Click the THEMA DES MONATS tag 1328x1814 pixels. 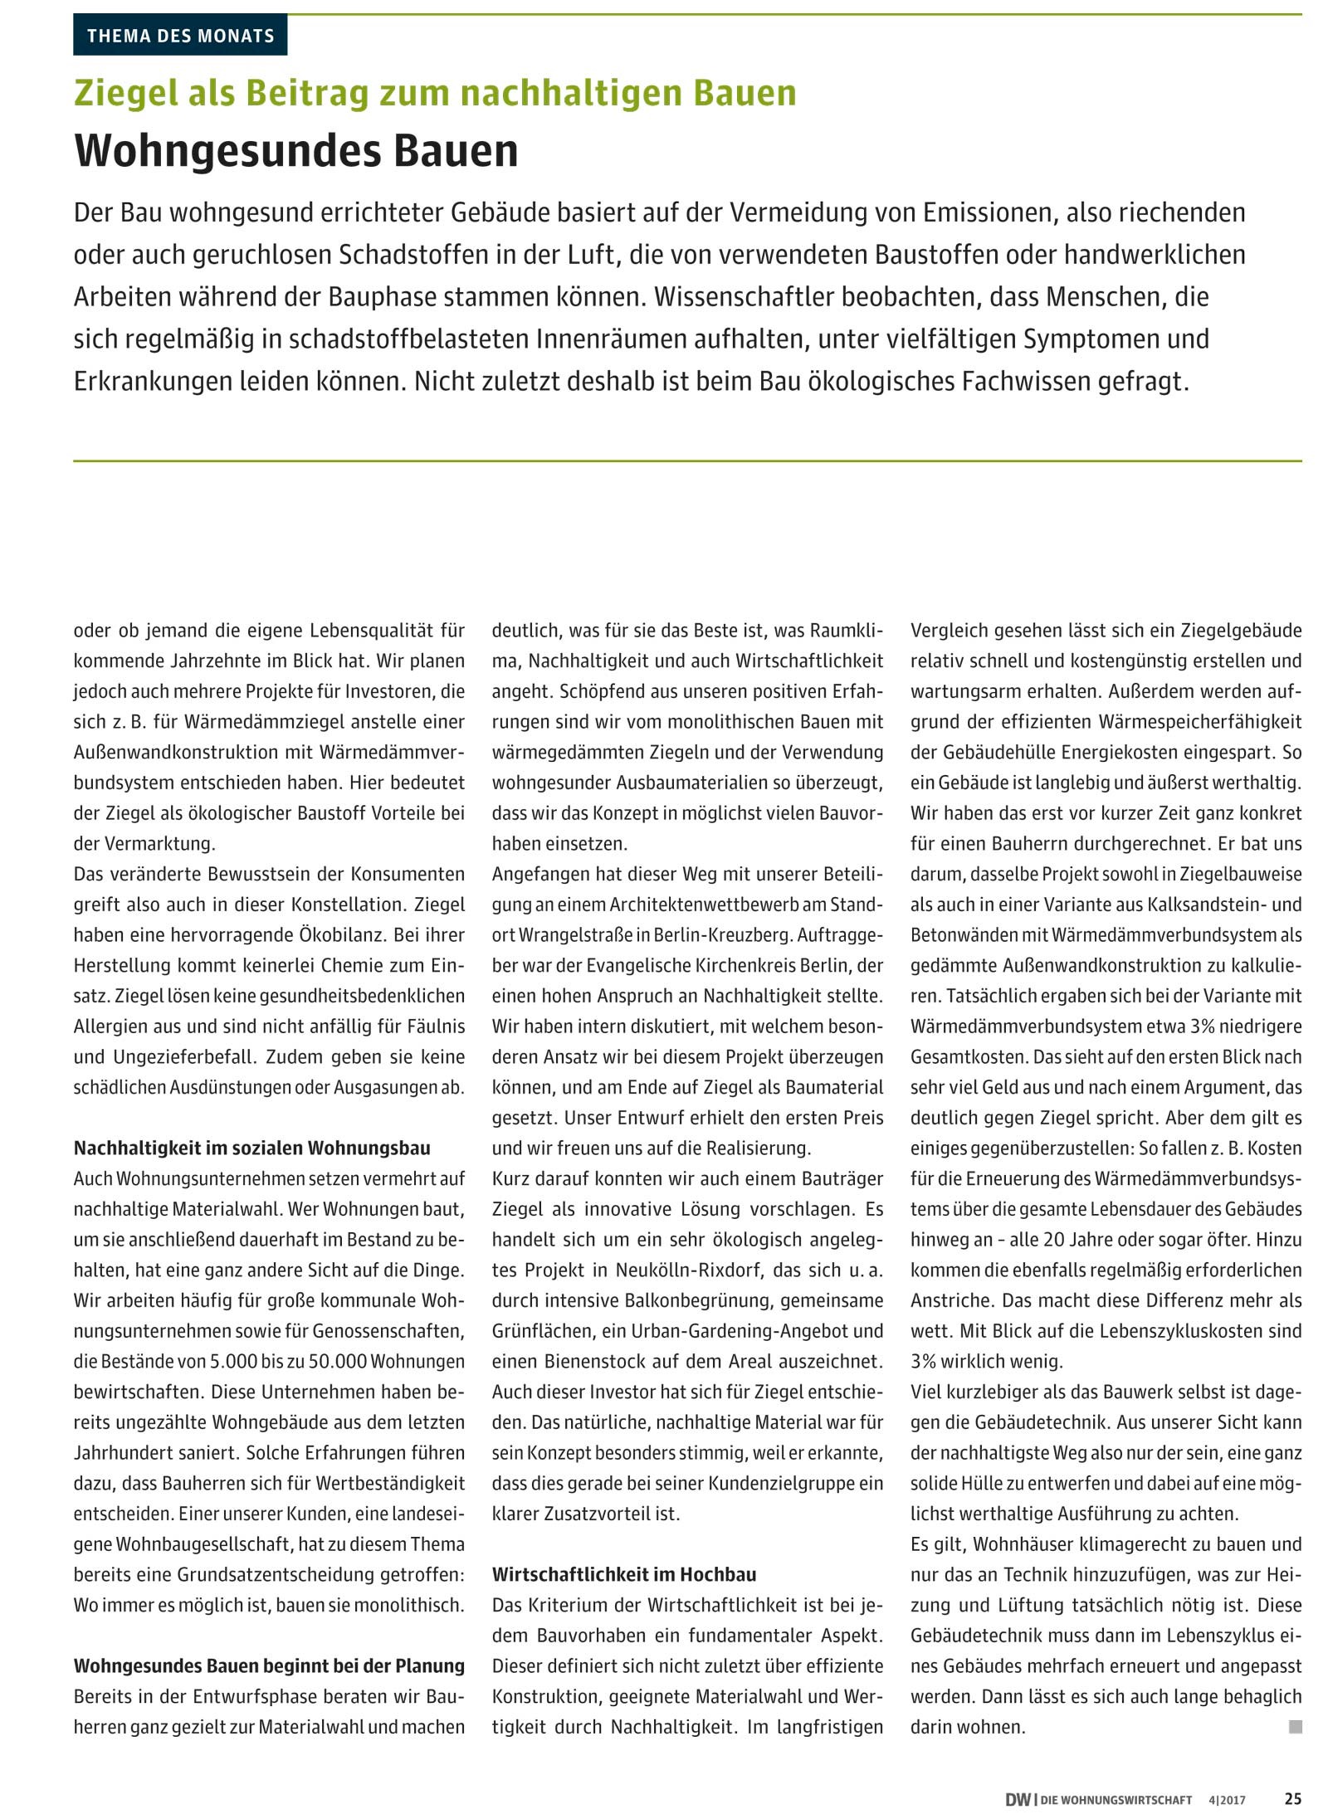[180, 36]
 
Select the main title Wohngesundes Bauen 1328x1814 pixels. [296, 150]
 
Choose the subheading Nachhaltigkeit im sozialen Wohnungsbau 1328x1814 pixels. [252, 1148]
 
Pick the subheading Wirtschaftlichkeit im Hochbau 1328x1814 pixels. [624, 1574]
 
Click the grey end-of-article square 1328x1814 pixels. [1295, 1726]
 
